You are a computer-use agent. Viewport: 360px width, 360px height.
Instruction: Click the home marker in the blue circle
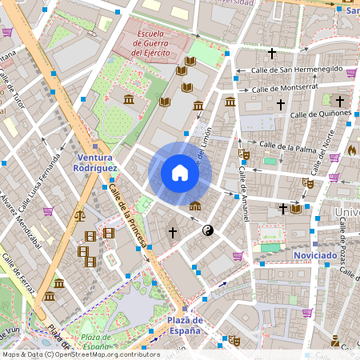pos(180,173)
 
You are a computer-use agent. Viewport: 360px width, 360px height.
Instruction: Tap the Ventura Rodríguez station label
pos(95,163)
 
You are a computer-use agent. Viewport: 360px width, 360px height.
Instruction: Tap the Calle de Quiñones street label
pos(320,114)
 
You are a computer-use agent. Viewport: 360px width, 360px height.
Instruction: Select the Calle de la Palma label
pos(284,146)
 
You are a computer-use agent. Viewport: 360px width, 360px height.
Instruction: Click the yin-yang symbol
pos(208,230)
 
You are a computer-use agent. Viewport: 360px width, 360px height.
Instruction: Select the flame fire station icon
pos(352,150)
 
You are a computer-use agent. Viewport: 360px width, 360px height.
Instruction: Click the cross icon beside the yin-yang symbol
pos(172,232)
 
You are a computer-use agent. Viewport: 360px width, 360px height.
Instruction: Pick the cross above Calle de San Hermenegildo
pos(271,54)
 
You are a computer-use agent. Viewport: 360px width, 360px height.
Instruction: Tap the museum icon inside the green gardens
pos(129,99)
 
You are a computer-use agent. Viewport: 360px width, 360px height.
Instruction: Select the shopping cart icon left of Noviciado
pos(238,256)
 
